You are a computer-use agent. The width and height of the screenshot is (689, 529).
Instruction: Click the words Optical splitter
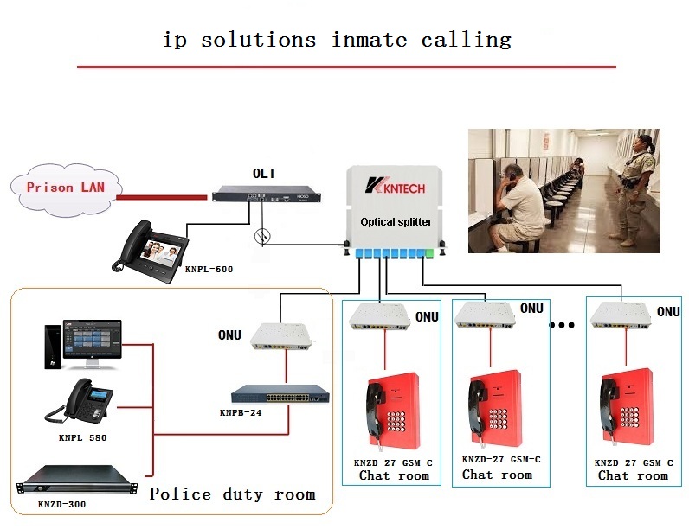396,222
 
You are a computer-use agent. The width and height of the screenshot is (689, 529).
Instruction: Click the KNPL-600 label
209,269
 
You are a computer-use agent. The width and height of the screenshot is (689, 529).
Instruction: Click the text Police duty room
232,494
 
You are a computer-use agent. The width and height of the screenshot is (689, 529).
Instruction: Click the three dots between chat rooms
562,326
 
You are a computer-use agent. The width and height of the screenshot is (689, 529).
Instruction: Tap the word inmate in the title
370,40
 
